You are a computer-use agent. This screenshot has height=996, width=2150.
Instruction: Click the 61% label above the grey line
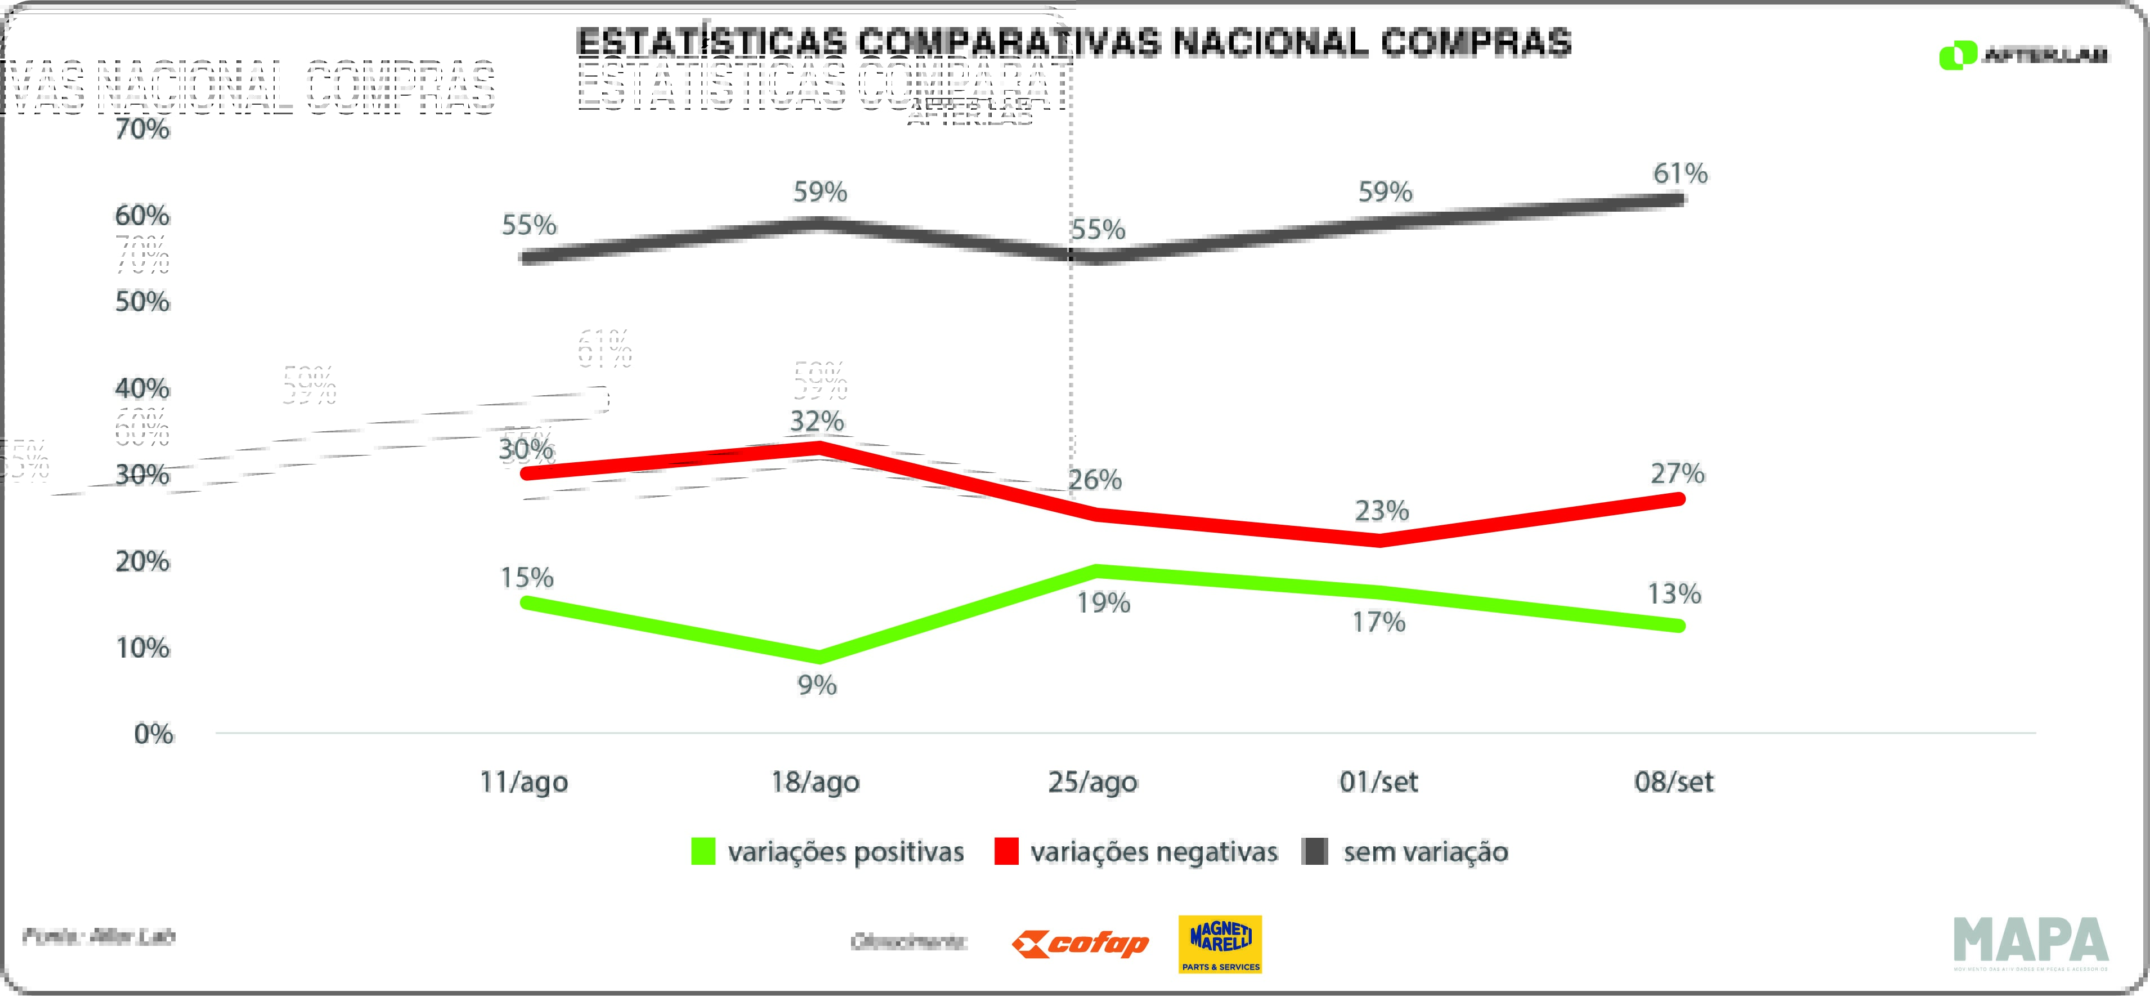[x=1680, y=173]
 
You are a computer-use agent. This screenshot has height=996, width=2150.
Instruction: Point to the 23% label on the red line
[x=1381, y=510]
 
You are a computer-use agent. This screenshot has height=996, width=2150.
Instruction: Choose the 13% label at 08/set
[x=1673, y=593]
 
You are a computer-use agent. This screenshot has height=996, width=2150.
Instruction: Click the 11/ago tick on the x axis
[x=523, y=782]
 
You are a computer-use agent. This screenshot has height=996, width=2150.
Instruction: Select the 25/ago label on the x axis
[x=1092, y=782]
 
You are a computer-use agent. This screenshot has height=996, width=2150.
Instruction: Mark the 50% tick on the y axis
[x=142, y=301]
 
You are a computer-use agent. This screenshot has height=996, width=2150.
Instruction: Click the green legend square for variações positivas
[x=703, y=851]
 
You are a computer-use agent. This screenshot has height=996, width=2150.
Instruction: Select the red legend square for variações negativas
[x=1006, y=851]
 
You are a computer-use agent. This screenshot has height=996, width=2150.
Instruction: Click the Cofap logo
[x=1080, y=944]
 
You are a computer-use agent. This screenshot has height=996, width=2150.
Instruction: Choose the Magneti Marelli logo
[x=1220, y=944]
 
